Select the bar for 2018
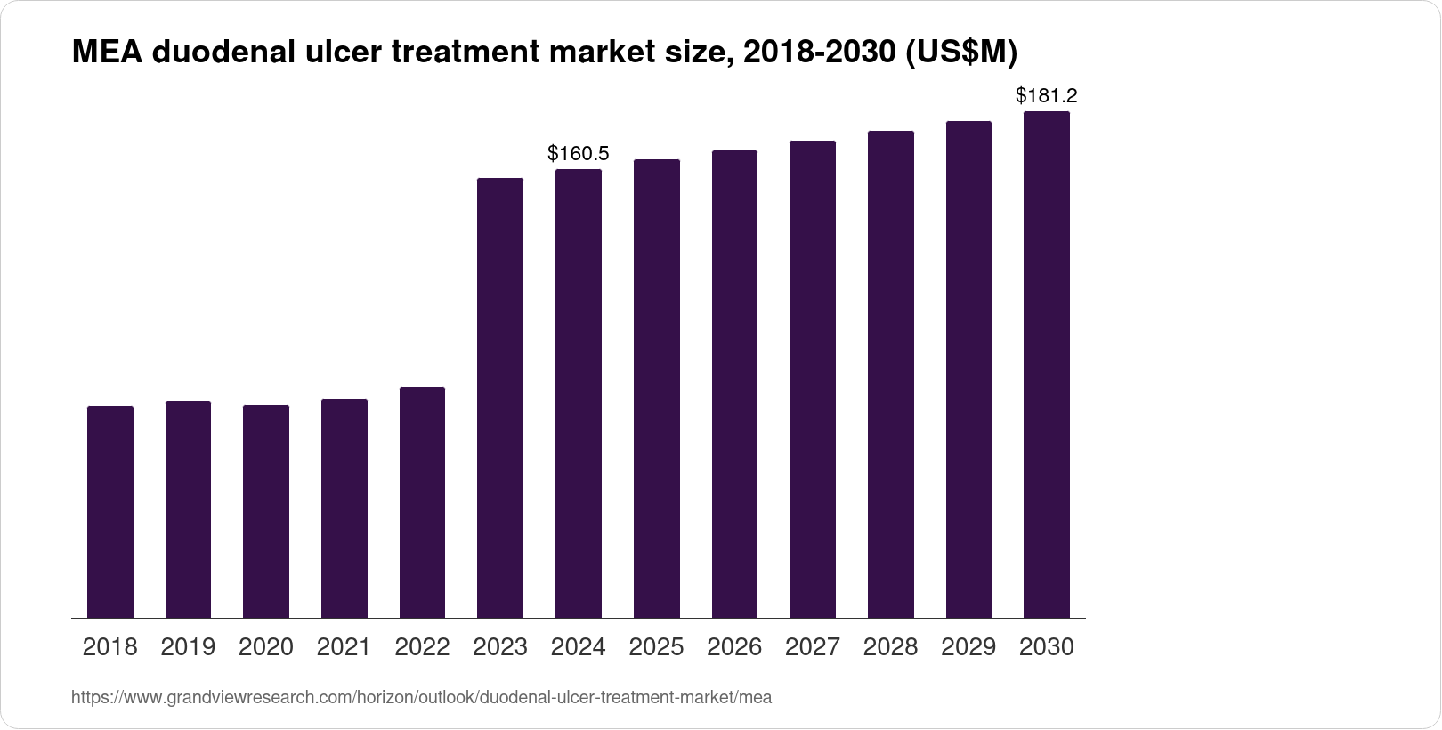coord(110,512)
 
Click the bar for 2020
coord(266,512)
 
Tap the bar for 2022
coord(422,503)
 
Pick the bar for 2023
coord(500,398)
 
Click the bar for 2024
coord(579,393)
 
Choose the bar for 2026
coord(734,385)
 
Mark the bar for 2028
coord(891,375)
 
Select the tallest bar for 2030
coord(1047,365)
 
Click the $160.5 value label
coord(579,154)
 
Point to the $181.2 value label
coord(1047,96)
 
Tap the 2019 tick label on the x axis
coord(188,647)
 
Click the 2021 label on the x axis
coord(344,647)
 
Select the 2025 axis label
coord(656,647)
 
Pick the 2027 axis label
coord(813,647)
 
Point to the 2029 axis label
coord(968,647)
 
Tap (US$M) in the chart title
coord(960,53)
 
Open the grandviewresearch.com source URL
coord(421,698)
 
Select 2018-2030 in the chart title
coord(819,53)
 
